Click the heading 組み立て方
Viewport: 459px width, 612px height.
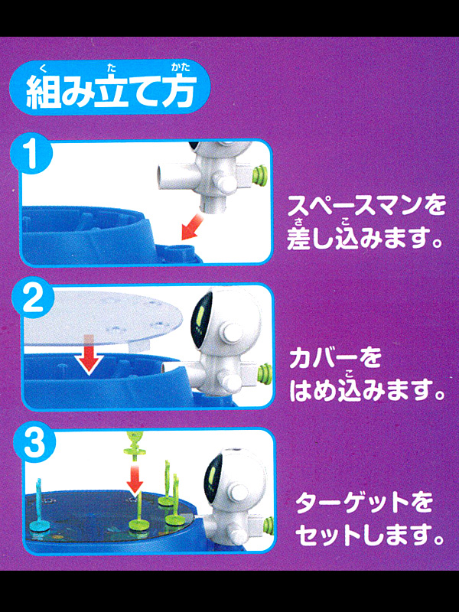109,92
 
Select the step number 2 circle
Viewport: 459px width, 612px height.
34,301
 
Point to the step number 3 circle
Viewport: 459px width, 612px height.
34,445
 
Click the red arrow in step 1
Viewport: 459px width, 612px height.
192,228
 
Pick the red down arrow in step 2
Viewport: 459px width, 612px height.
90,354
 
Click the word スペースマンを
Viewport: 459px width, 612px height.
366,207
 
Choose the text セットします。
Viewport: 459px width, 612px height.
369,536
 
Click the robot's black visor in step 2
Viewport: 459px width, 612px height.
202,318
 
